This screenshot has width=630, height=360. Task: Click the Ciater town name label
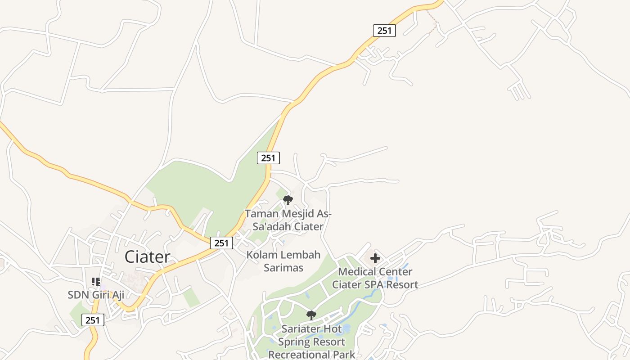tap(147, 257)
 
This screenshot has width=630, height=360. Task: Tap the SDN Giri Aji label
tap(96, 295)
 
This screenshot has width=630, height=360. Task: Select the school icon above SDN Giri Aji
tap(96, 282)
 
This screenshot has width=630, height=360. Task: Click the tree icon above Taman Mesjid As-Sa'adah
tap(288, 200)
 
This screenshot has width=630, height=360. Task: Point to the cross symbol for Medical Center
tap(375, 258)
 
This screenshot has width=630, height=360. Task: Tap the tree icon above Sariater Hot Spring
tap(311, 315)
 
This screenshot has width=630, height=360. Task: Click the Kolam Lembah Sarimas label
tap(283, 261)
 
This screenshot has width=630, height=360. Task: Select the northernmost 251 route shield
tap(384, 31)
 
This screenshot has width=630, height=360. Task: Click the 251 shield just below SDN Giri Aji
tap(93, 320)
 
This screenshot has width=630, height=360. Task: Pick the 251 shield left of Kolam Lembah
tap(221, 243)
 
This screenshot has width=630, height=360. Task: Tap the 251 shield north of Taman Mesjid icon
tap(268, 158)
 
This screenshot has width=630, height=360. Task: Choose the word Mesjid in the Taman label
tap(299, 214)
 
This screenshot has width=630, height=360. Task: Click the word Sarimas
tap(283, 268)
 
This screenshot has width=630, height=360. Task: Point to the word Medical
tap(356, 272)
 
